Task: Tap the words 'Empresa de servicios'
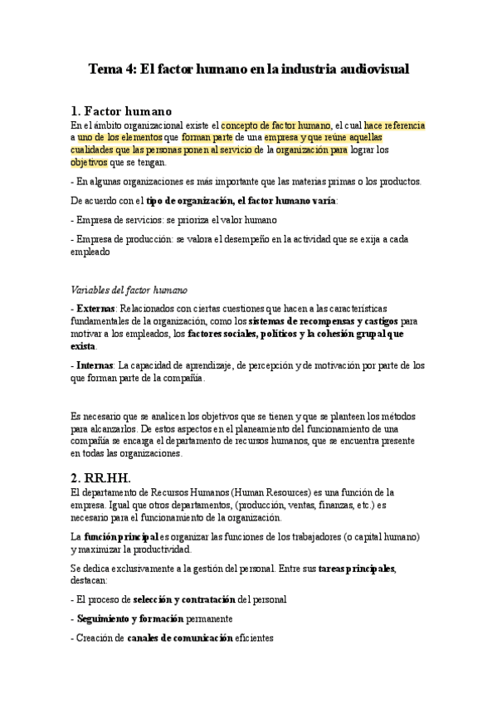click(x=122, y=219)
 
